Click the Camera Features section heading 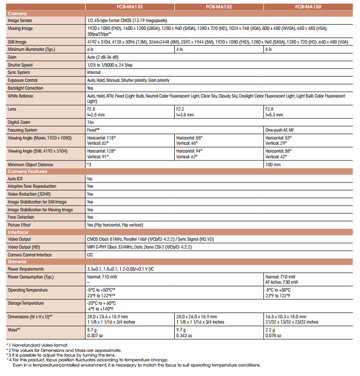coord(28,171)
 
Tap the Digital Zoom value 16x coord(90,122)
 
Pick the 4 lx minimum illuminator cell coord(179,49)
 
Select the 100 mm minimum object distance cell coord(273,164)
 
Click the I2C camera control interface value coord(90,254)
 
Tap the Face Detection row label coord(22,217)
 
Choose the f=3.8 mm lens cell coord(186,114)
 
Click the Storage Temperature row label coord(26,303)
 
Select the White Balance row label coord(20,96)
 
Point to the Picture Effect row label coord(20,224)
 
